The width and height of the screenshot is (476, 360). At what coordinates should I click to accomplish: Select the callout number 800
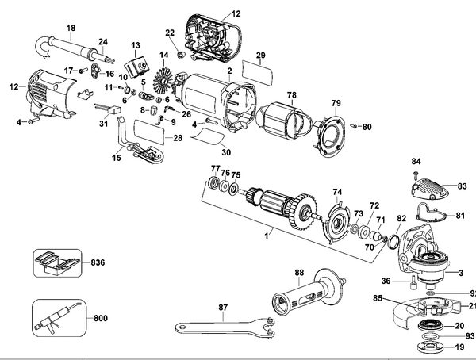click(x=99, y=318)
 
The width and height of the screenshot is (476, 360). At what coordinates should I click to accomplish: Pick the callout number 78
click(x=292, y=94)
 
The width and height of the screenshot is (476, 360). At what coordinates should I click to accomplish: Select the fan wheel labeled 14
click(x=165, y=81)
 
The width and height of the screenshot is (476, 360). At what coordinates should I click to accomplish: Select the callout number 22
click(x=169, y=32)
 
